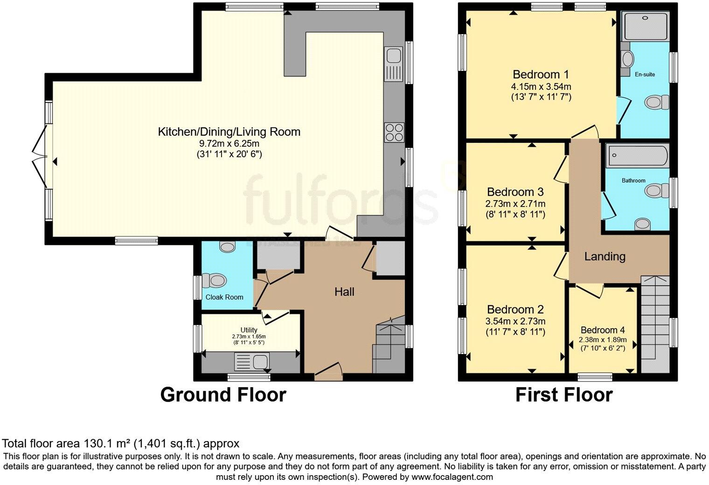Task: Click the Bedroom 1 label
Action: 541,74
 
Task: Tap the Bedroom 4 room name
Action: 603,329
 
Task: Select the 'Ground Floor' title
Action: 223,395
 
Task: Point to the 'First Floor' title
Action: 563,395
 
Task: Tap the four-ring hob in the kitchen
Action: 394,132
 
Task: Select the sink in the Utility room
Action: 252,362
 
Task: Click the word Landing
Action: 605,256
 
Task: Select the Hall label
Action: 344,292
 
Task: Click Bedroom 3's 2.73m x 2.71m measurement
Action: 515,204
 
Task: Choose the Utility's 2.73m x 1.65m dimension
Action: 249,336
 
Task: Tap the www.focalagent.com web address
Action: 452,477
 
